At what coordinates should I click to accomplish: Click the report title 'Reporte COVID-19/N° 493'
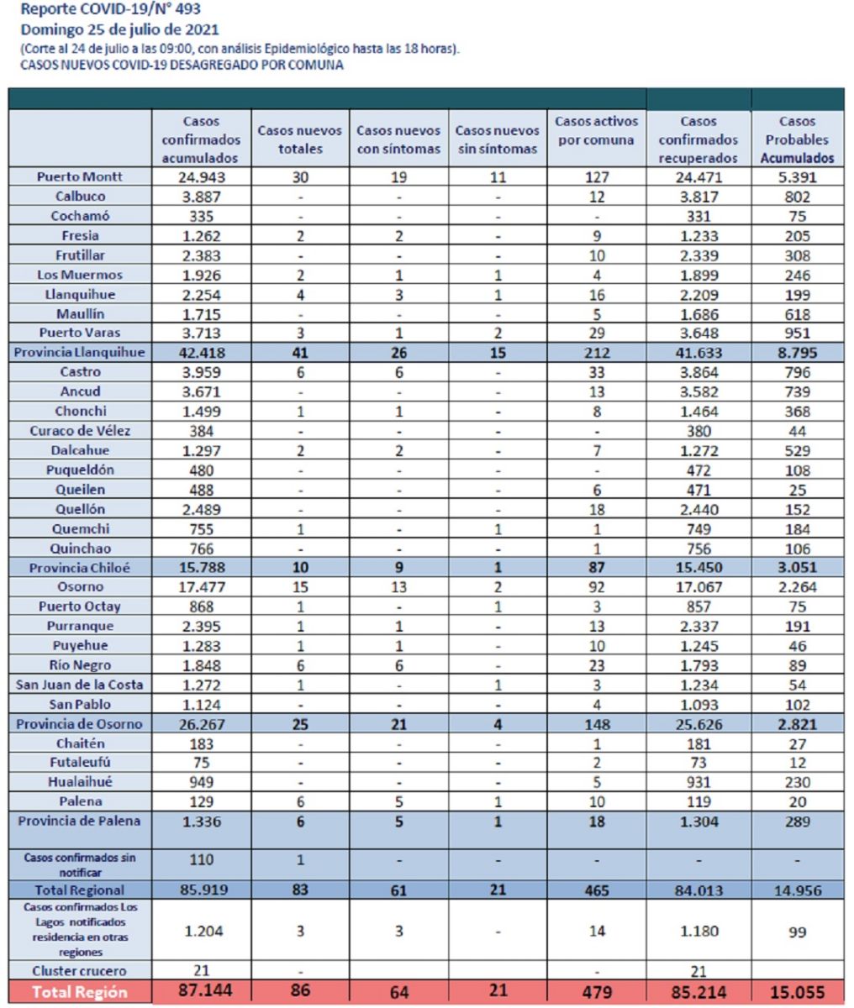click(111, 8)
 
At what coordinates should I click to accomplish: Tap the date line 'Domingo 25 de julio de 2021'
click(119, 29)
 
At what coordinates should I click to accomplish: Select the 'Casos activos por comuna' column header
click(596, 130)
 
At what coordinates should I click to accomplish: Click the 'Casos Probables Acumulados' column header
click(797, 139)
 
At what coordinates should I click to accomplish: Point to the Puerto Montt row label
click(80, 176)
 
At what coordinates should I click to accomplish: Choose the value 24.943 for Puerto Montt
click(202, 177)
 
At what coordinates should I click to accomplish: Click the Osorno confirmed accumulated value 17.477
click(202, 586)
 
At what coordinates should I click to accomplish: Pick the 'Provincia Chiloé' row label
click(80, 568)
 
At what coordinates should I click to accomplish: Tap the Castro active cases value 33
click(596, 373)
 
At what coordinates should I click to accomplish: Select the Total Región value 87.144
click(205, 990)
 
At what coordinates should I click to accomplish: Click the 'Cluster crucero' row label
click(80, 970)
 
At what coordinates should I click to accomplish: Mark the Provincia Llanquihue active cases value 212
click(596, 353)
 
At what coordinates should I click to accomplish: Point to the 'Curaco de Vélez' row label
click(80, 431)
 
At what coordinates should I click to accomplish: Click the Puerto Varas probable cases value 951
click(798, 333)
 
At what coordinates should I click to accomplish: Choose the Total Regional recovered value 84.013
click(698, 890)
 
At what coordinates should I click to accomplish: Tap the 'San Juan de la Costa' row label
click(80, 685)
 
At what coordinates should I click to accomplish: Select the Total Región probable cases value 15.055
click(798, 991)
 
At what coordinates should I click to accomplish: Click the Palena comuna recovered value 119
click(698, 801)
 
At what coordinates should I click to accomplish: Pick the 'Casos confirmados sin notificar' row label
click(80, 864)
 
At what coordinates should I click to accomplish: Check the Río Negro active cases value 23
click(596, 665)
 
